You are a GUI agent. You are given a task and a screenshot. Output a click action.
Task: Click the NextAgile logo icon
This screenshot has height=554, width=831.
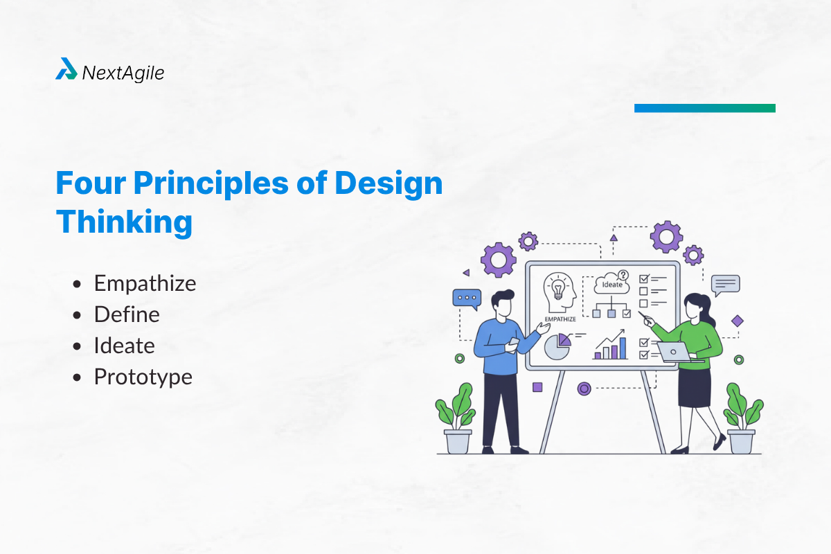tap(66, 69)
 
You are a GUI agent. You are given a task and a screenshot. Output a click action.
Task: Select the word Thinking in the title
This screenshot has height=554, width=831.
tap(124, 223)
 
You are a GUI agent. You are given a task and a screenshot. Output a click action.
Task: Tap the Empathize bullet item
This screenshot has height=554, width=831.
tap(145, 283)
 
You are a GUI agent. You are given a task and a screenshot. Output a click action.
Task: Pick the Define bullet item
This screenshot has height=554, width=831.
tap(127, 314)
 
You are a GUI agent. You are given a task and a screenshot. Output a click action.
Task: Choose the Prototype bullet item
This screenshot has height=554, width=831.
tap(143, 377)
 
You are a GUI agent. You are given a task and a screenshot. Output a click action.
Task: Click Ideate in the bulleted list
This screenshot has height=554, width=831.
tap(124, 346)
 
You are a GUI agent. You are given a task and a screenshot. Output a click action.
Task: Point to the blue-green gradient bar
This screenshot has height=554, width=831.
tap(704, 108)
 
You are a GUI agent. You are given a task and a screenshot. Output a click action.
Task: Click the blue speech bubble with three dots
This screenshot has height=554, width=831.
tap(466, 298)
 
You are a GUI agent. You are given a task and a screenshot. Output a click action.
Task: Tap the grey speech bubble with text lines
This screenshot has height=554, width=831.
tap(725, 284)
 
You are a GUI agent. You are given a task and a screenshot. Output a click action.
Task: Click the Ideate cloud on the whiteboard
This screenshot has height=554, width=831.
tap(611, 284)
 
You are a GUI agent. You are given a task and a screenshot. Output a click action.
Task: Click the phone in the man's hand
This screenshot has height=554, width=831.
tap(514, 342)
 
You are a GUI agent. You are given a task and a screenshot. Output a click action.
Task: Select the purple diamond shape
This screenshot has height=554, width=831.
tap(737, 321)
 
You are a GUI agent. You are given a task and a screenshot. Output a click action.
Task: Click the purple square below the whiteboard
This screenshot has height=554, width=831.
tap(537, 387)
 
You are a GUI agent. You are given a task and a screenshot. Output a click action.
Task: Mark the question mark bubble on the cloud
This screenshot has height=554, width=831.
tap(623, 274)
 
